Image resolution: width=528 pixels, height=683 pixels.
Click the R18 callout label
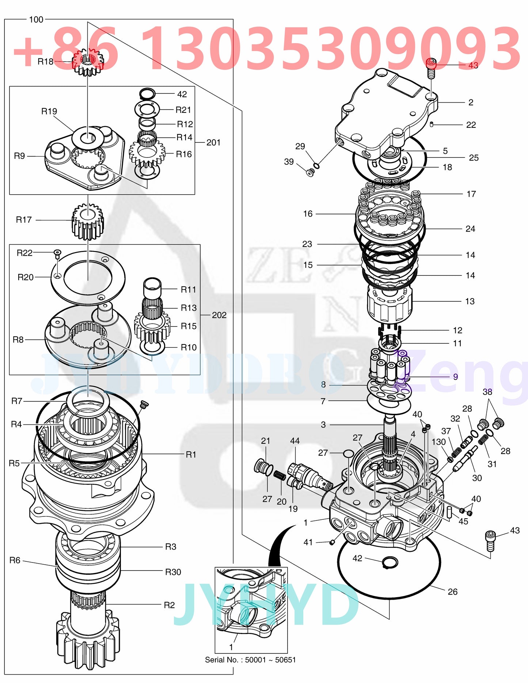point(45,62)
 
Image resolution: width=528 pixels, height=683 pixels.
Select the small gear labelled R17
point(88,221)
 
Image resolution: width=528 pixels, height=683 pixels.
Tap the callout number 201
point(213,142)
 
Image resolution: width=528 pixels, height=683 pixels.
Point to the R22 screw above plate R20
point(57,253)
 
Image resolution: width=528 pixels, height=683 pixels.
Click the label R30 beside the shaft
point(173,572)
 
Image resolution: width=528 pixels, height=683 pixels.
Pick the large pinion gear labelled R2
point(88,639)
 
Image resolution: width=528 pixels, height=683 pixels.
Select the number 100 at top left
point(36,20)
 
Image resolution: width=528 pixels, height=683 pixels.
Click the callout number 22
point(471,125)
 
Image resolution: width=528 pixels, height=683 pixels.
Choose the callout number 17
point(471,194)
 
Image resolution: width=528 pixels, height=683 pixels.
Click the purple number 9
point(455,377)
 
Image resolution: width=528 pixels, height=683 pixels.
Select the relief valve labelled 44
point(309,476)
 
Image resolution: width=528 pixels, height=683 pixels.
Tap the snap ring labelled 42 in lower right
point(390,563)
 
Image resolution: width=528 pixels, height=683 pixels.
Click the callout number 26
point(452,592)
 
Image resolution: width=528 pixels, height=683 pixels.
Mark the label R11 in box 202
point(189,290)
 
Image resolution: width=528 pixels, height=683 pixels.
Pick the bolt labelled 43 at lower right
point(490,541)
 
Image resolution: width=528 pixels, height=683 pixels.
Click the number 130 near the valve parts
point(438,442)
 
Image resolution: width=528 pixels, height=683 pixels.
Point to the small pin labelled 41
point(332,542)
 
